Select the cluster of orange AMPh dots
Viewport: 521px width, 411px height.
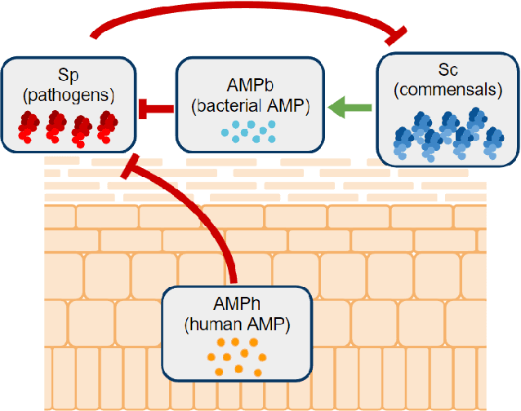click(238, 356)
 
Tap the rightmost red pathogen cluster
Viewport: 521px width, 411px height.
click(107, 127)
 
